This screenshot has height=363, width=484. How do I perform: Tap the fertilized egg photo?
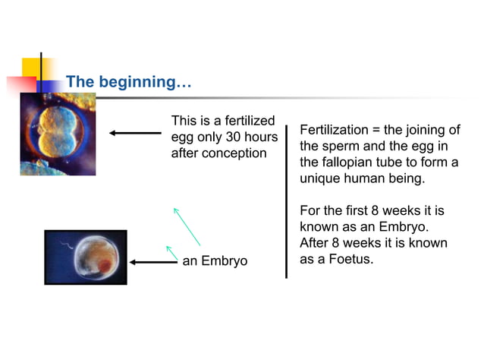(x=58, y=134)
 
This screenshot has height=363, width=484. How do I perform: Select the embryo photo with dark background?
(x=86, y=257)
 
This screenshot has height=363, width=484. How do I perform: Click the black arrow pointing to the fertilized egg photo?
(x=135, y=133)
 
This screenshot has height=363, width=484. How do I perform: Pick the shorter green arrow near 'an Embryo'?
(x=171, y=252)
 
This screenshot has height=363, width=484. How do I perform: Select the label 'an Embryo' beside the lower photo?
(x=215, y=262)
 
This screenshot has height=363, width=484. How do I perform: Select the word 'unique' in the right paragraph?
(x=321, y=179)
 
